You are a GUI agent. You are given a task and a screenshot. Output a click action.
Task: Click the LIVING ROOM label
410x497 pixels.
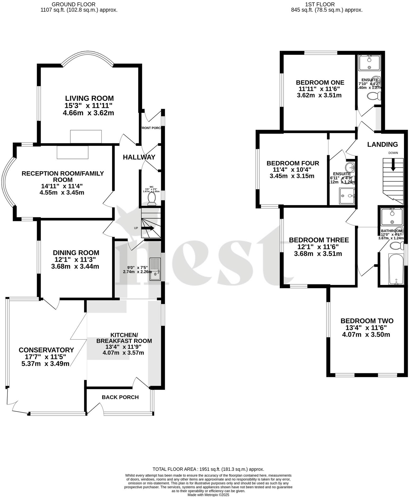(89, 98)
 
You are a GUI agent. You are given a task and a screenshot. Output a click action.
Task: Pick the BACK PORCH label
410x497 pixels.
(120, 397)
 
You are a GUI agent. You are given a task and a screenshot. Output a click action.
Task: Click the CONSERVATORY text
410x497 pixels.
(46, 350)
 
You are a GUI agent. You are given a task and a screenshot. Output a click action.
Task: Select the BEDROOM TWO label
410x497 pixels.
(367, 321)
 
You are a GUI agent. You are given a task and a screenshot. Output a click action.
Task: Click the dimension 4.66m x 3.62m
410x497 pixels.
(88, 113)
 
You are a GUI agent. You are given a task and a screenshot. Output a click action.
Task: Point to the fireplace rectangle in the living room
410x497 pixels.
(86, 136)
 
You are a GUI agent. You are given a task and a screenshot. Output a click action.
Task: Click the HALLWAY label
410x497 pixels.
(139, 157)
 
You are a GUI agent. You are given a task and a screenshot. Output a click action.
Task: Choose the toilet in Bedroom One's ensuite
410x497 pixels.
(374, 96)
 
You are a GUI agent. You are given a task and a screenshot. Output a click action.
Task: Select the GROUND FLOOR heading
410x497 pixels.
(74, 4)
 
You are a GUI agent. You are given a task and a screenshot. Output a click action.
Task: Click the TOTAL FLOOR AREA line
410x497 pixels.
(208, 469)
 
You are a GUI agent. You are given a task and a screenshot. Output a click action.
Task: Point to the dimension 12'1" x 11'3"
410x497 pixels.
(76, 259)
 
